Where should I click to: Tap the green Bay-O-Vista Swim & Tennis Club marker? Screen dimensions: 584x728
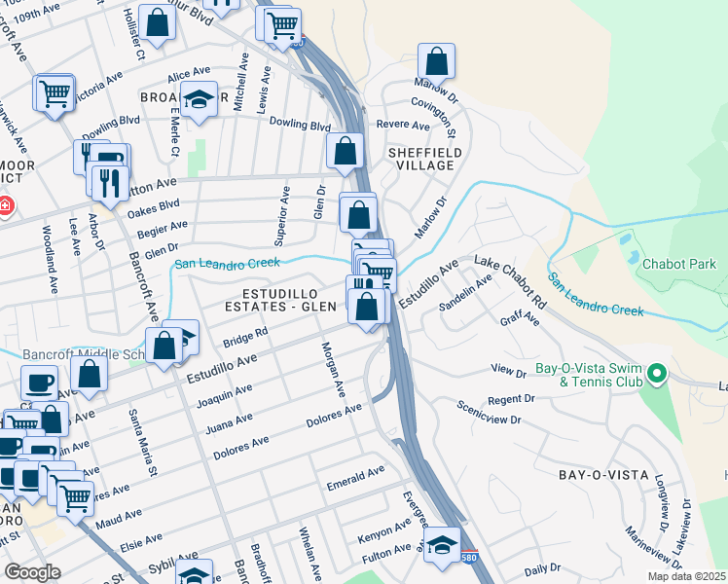pyautogui.click(x=657, y=373)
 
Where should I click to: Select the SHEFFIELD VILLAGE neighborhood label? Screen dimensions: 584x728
pyautogui.click(x=420, y=159)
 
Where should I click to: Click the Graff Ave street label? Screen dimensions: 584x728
pyautogui.click(x=519, y=319)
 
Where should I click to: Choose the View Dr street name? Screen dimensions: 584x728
pyautogui.click(x=508, y=370)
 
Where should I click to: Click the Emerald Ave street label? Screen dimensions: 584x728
pyautogui.click(x=355, y=474)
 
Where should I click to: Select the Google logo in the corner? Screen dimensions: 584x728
pyautogui.click(x=32, y=571)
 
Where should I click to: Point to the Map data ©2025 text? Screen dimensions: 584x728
pyautogui.click(x=685, y=576)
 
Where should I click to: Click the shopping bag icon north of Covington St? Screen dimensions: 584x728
pyautogui.click(x=437, y=61)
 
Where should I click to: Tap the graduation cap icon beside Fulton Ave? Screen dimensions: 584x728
pyautogui.click(x=442, y=543)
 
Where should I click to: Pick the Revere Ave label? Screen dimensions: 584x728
pyautogui.click(x=403, y=126)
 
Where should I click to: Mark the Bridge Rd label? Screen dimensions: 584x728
pyautogui.click(x=244, y=338)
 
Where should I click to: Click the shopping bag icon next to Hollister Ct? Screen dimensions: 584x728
pyautogui.click(x=156, y=24)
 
